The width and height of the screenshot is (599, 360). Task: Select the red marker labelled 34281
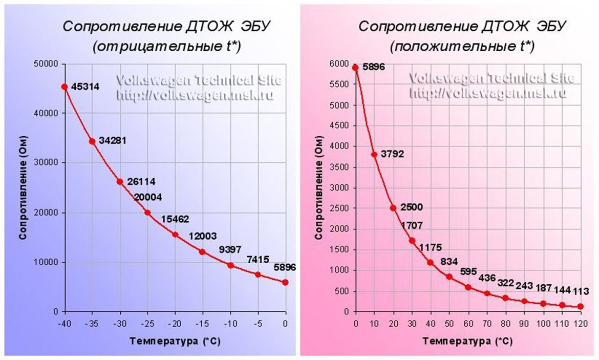point(92,141)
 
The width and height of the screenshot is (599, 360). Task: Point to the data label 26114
point(141,181)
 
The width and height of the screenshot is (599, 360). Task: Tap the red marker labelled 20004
point(147,213)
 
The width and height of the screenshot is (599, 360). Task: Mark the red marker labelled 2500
point(393,208)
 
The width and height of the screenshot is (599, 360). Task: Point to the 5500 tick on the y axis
point(341,84)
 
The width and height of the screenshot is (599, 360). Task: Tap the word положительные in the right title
point(443,47)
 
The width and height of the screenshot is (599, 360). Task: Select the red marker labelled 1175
point(430,262)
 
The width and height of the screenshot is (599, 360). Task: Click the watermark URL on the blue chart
point(195,95)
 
